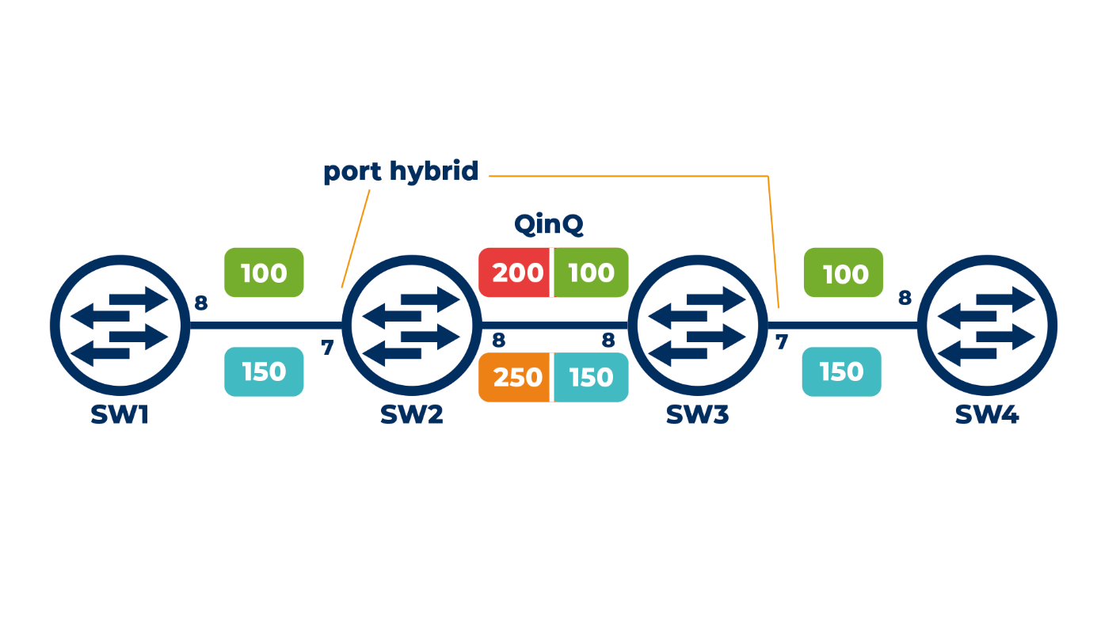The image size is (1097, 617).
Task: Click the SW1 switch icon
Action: [x=120, y=323]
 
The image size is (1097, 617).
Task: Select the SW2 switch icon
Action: [x=411, y=323]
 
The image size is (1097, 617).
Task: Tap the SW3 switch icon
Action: [x=697, y=323]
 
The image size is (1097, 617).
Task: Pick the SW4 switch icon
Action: [x=986, y=323]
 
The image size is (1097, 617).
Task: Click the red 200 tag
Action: [x=516, y=273]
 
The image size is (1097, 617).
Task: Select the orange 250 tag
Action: [x=516, y=377]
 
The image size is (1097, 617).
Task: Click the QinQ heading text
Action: [x=548, y=224]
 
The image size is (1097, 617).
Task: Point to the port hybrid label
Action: [x=401, y=171]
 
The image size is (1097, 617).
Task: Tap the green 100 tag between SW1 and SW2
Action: [x=264, y=273]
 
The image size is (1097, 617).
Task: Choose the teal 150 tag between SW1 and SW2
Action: [x=264, y=371]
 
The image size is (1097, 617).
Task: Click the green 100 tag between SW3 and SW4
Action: [x=844, y=273]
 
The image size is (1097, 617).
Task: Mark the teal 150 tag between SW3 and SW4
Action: [x=842, y=371]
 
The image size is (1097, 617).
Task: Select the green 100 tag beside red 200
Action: [x=591, y=273]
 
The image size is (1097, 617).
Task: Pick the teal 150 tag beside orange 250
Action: [x=591, y=377]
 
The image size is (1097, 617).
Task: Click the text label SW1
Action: [x=120, y=414]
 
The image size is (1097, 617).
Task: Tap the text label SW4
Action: [x=986, y=414]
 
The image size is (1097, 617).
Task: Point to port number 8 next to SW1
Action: [x=201, y=303]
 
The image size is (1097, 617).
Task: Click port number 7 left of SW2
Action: [x=327, y=347]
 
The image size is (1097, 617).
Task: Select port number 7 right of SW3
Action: [x=781, y=343]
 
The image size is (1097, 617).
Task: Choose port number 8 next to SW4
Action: [x=905, y=298]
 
